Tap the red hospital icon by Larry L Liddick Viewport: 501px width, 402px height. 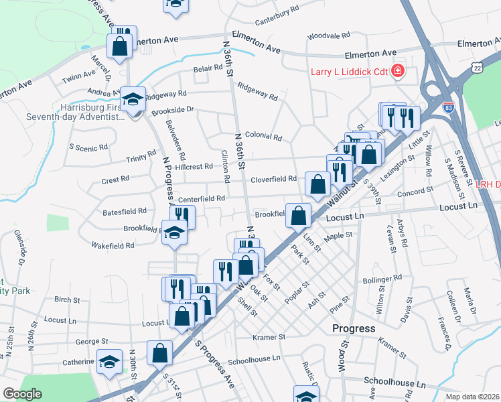pyautogui.click(x=398, y=70)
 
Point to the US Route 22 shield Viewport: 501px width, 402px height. pyautogui.click(x=476, y=68)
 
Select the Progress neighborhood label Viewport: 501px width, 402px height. pyautogui.click(x=353, y=328)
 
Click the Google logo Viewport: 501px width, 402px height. pyautogui.click(x=22, y=394)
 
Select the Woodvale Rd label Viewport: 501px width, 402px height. pyautogui.click(x=325, y=36)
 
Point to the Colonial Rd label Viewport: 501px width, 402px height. pyautogui.click(x=263, y=136)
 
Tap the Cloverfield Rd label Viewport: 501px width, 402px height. pyautogui.click(x=273, y=179)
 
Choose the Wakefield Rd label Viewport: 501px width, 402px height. pyautogui.click(x=113, y=245)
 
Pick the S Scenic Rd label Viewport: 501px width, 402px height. pyautogui.click(x=88, y=147)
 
